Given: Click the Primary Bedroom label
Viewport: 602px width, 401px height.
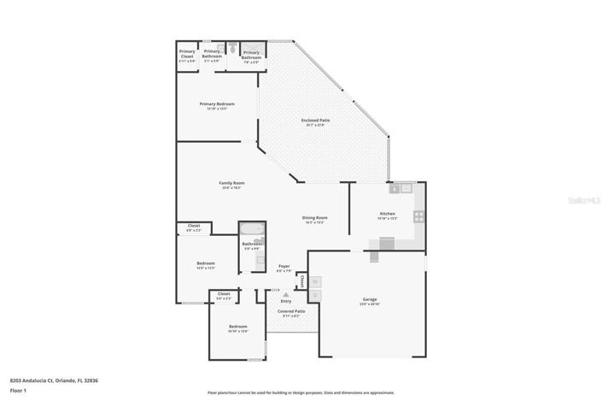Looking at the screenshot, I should click(217, 104).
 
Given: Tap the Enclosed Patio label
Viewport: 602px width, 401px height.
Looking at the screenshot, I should click(315, 121).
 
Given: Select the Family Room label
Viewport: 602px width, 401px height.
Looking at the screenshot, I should click(231, 184).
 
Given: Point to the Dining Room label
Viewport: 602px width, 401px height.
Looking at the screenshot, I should click(314, 217).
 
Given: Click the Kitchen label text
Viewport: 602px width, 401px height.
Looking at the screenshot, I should click(387, 214).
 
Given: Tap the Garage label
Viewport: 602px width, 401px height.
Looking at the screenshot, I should click(370, 299).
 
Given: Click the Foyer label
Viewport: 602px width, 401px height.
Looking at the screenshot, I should click(283, 267).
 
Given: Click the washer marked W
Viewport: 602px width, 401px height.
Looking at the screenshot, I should click(313, 281).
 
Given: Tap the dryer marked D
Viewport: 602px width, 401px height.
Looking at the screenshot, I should click(313, 295).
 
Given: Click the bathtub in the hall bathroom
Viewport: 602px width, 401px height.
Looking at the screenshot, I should click(251, 228).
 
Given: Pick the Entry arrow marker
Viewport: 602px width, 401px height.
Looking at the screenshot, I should click(274, 294).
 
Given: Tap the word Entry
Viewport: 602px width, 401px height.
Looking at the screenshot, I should click(285, 301).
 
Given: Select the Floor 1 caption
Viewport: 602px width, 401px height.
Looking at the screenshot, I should click(18, 390).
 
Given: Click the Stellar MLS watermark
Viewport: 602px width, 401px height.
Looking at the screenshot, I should click(584, 198).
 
